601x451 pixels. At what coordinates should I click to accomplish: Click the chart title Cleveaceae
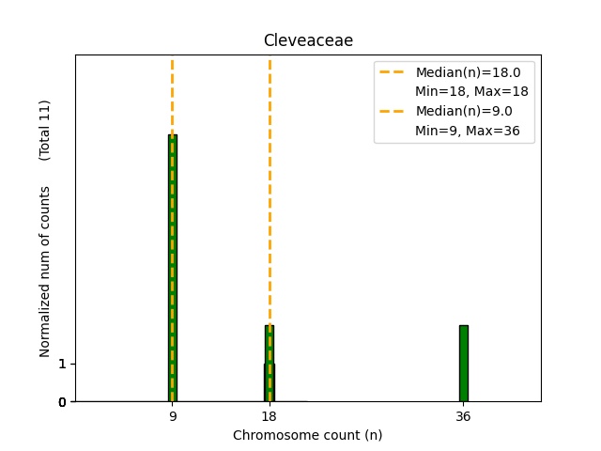308,40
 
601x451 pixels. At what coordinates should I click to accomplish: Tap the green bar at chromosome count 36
463,364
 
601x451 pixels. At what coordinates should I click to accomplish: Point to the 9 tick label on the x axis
173,416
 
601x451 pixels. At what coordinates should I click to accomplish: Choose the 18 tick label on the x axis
270,416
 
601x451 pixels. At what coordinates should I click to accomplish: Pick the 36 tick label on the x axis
463,416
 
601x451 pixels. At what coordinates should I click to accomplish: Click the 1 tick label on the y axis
62,364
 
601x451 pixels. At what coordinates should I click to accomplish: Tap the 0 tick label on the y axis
62,402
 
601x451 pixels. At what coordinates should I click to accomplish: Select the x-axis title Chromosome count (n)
308,435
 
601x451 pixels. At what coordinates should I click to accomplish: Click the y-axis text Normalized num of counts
45,272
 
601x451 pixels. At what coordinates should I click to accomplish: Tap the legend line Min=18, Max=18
471,91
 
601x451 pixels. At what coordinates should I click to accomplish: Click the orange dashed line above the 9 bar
173,94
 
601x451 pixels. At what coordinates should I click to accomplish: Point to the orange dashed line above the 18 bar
270,188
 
